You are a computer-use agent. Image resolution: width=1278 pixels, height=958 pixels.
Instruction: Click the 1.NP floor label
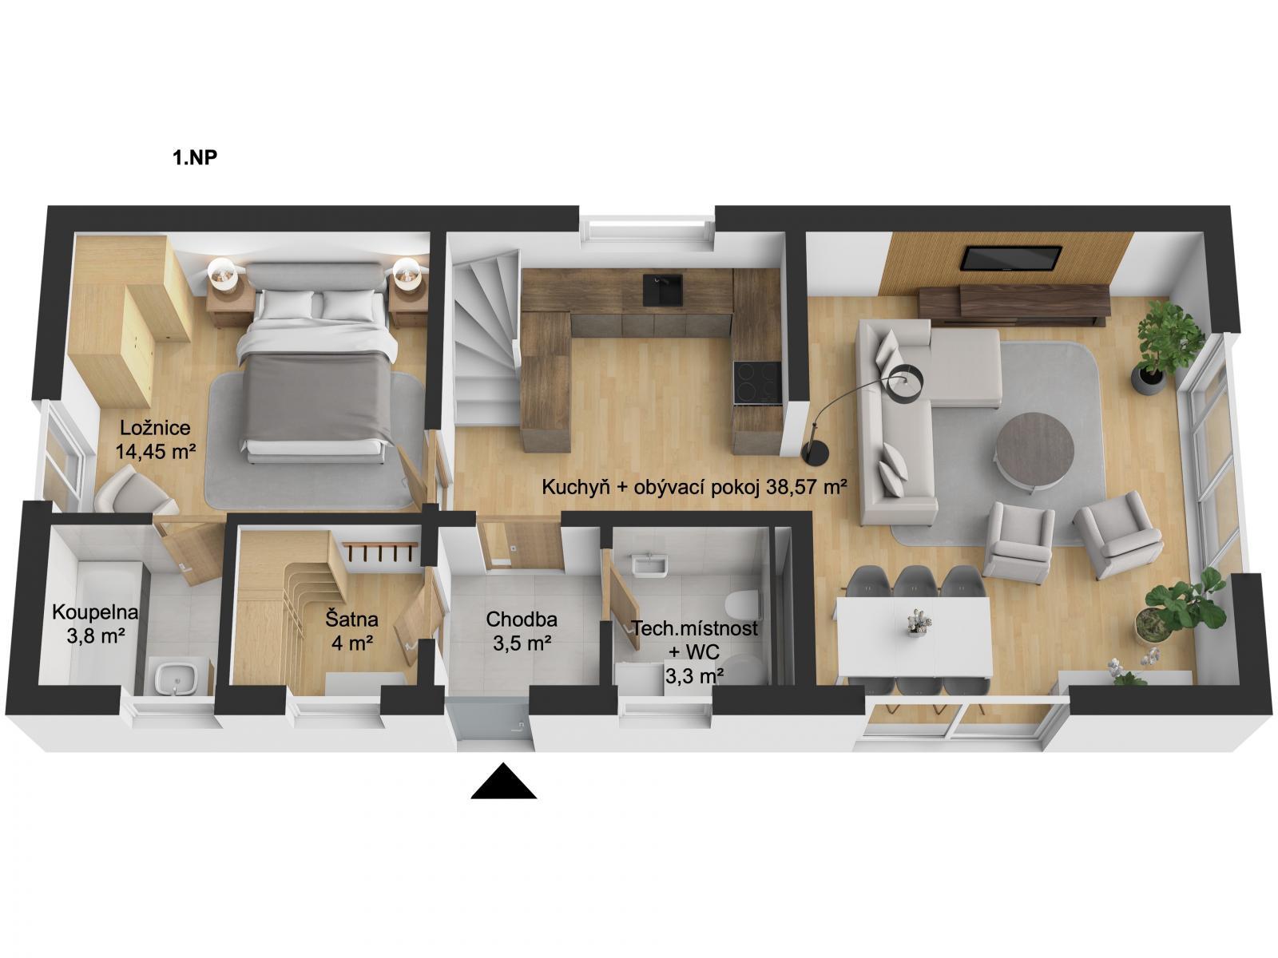tap(194, 157)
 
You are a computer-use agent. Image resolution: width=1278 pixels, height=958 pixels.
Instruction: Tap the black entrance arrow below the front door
tap(504, 782)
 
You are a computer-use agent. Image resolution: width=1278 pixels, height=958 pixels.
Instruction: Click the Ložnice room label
tap(156, 428)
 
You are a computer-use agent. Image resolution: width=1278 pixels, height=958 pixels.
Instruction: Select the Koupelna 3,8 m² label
tap(96, 623)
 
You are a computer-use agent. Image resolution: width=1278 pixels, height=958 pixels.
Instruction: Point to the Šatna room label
tap(351, 619)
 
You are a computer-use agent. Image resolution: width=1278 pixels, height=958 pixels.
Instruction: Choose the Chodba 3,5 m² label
tap(522, 631)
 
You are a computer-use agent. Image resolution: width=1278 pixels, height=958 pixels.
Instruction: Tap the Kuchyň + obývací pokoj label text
tap(694, 487)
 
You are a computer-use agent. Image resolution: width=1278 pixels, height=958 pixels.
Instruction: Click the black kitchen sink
tap(663, 290)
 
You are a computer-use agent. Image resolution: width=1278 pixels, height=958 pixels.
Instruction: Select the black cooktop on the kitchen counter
tap(757, 382)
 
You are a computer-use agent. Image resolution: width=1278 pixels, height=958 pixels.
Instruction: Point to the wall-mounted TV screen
tap(1010, 258)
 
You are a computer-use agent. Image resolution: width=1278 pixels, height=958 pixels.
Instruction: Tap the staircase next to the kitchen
tap(486, 338)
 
